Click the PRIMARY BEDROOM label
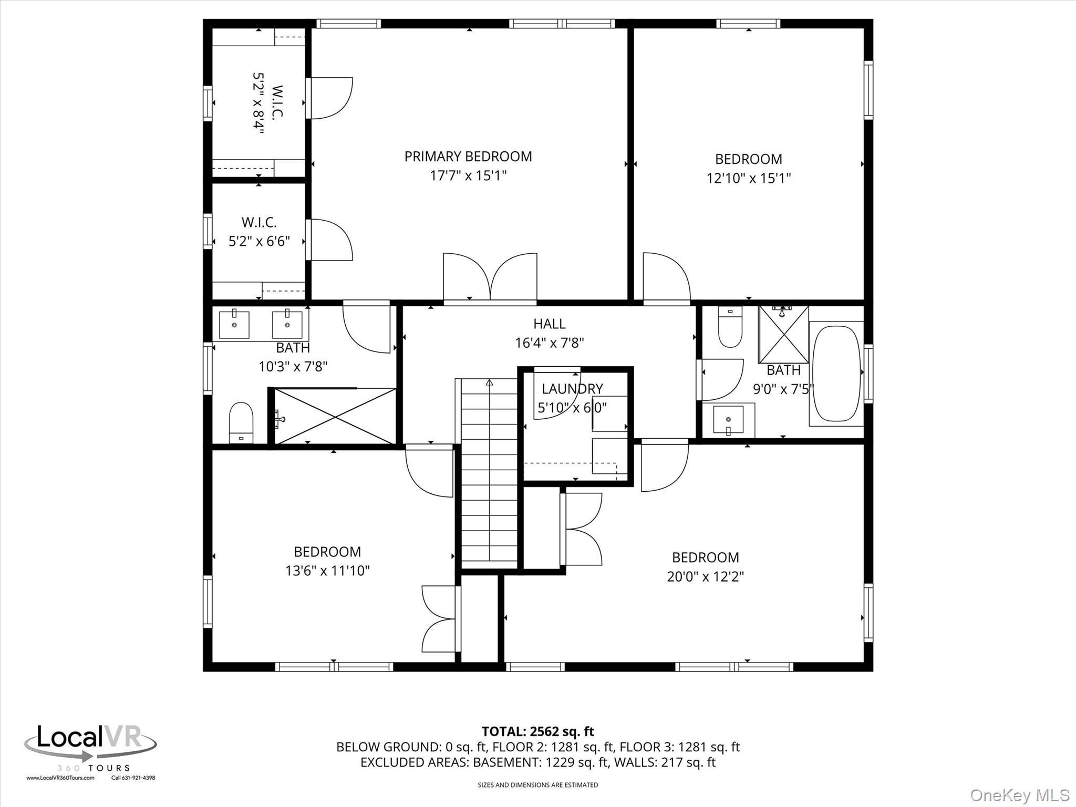pos(468,157)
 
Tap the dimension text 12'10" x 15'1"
pos(748,179)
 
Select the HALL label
pos(549,324)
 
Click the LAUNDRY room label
pos(572,389)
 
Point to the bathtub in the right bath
pos(836,374)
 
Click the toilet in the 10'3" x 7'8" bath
pos(241,423)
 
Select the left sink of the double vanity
pos(234,325)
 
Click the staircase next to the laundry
pos(489,473)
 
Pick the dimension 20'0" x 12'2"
pos(705,577)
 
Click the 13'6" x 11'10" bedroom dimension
pos(327,571)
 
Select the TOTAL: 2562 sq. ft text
pos(537,731)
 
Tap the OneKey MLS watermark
pos(1019,794)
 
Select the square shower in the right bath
pos(783,335)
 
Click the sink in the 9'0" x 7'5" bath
pos(728,420)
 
